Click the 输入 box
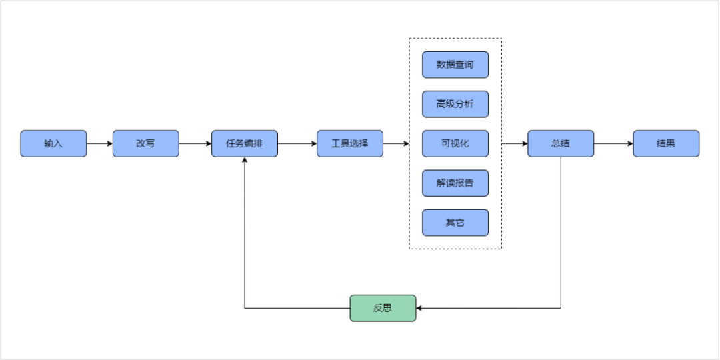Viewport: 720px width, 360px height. click(x=53, y=143)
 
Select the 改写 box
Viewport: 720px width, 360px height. click(x=145, y=143)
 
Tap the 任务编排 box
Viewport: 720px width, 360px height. click(x=245, y=143)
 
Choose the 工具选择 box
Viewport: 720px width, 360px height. click(x=350, y=143)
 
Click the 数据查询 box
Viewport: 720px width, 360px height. click(x=455, y=65)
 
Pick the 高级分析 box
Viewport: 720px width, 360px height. click(x=455, y=104)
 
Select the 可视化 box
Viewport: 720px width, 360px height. click(x=455, y=143)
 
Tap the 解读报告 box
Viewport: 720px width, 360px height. click(x=455, y=183)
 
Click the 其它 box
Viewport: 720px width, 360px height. click(x=455, y=223)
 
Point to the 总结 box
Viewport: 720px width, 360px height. click(x=561, y=143)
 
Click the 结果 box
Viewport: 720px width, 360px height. click(x=666, y=143)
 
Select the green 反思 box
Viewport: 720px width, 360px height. click(x=383, y=308)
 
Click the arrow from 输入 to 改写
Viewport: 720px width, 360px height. click(x=99, y=143)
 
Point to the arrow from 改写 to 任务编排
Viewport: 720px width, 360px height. click(x=195, y=143)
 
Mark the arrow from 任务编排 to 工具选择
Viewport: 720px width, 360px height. click(x=297, y=143)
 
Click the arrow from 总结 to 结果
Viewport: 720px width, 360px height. click(x=613, y=143)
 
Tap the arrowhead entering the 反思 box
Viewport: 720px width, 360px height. click(x=420, y=308)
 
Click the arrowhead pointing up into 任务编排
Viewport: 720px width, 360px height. click(x=245, y=161)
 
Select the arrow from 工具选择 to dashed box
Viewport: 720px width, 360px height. click(x=396, y=143)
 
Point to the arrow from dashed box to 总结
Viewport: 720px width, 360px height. click(x=515, y=143)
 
